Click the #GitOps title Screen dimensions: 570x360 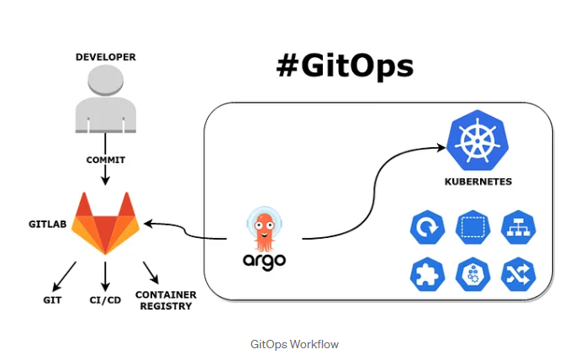pyautogui.click(x=345, y=65)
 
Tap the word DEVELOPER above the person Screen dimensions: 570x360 pyautogui.click(x=105, y=57)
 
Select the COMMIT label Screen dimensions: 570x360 pyautogui.click(x=105, y=159)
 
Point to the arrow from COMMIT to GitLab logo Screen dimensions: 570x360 pyautogui.click(x=105, y=175)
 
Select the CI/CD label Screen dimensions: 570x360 pyautogui.click(x=104, y=299)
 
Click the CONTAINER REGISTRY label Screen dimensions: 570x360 pyautogui.click(x=166, y=300)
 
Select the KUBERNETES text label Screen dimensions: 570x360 pyautogui.click(x=478, y=182)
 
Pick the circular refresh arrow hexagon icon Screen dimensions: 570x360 pyautogui.click(x=426, y=228)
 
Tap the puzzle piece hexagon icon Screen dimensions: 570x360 pyautogui.click(x=426, y=273)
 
